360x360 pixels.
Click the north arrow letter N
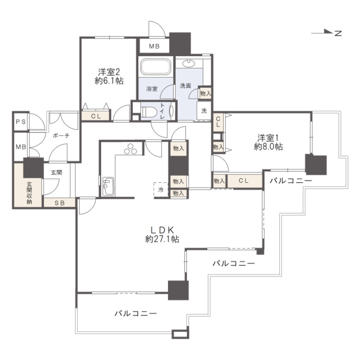[338, 34]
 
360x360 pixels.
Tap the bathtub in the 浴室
[156, 66]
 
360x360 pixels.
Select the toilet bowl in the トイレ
[148, 112]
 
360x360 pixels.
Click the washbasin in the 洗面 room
[189, 63]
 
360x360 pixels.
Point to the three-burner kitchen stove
[131, 149]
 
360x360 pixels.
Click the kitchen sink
[108, 186]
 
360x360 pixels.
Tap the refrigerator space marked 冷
[161, 190]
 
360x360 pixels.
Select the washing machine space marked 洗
[204, 111]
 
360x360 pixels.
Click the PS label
[21, 122]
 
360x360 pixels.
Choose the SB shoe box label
[60, 203]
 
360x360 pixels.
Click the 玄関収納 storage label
[29, 193]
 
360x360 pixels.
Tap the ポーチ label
[61, 136]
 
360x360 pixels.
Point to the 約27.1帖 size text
[162, 239]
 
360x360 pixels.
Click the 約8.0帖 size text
[268, 146]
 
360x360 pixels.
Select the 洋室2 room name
[109, 72]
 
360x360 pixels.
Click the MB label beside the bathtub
[154, 46]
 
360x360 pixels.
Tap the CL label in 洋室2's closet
[96, 116]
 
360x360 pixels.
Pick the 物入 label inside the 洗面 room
[205, 93]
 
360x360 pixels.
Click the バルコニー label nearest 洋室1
[291, 180]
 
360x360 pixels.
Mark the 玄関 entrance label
[56, 172]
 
